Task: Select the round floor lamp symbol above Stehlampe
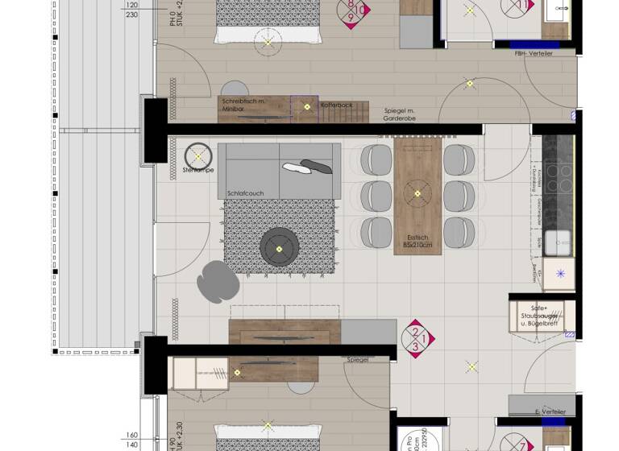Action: pos(197,155)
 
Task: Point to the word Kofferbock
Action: pos(336,105)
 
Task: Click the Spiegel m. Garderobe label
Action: pos(400,114)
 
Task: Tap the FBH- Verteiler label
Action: pos(533,54)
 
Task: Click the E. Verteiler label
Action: pos(550,412)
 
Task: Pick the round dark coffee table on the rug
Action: pos(280,246)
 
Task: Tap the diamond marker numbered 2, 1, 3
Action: pos(414,339)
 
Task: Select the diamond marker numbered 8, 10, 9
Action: pos(354,10)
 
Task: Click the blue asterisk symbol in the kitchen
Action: pos(560,274)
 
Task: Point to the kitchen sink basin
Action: pos(558,242)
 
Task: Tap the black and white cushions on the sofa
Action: pos(307,167)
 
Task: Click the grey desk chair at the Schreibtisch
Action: pos(235,89)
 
